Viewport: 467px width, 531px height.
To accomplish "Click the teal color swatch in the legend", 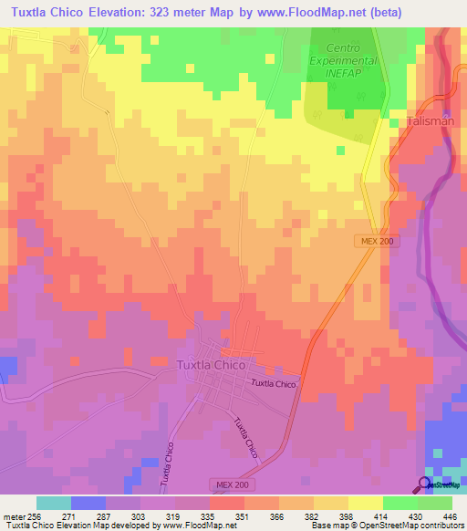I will pos(54,503).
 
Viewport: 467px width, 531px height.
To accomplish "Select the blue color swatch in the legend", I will pos(88,503).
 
